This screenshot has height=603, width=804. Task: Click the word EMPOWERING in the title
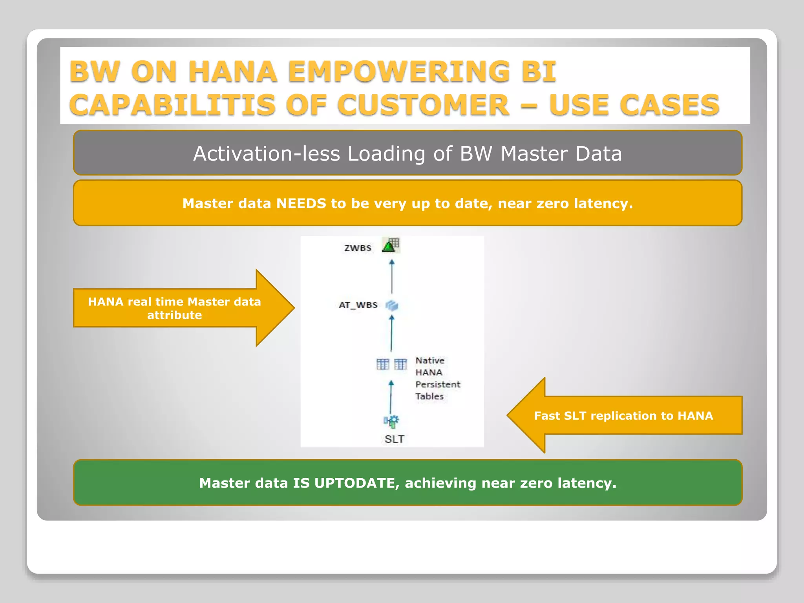tap(398, 72)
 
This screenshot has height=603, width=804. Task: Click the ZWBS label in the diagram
tap(358, 248)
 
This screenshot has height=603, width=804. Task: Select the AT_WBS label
tap(358, 305)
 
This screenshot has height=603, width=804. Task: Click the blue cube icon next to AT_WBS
tap(392, 305)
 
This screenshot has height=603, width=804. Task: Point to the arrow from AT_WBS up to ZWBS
tap(391, 277)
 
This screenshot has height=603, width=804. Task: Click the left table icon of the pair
tap(382, 364)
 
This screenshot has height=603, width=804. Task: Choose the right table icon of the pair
tap(400, 364)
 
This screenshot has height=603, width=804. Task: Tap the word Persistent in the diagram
tap(438, 384)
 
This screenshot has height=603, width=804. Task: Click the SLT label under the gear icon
tap(394, 439)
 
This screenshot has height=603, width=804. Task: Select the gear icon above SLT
tap(391, 421)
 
